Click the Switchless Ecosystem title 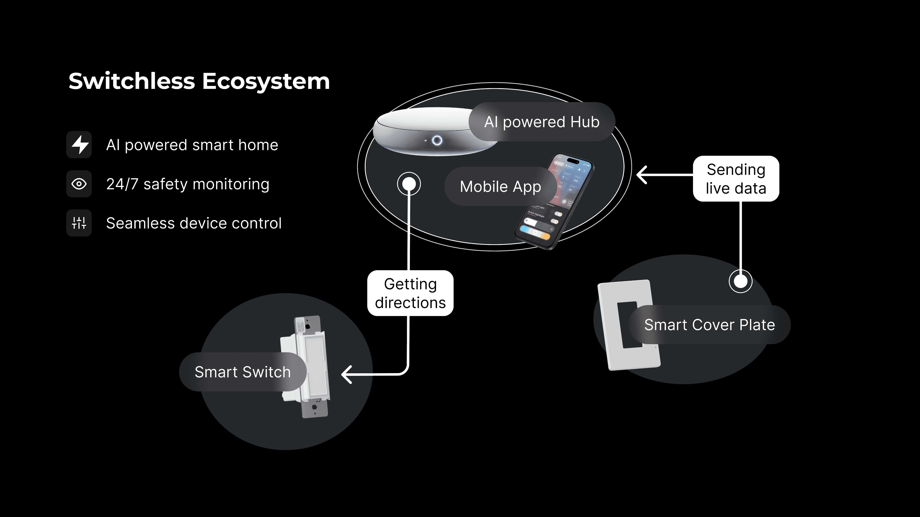tap(199, 81)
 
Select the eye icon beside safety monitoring tap(79, 184)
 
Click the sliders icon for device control tap(79, 223)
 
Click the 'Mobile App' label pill tap(500, 187)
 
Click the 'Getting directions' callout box tap(410, 293)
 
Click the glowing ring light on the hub tap(437, 140)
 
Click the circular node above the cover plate tap(740, 281)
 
